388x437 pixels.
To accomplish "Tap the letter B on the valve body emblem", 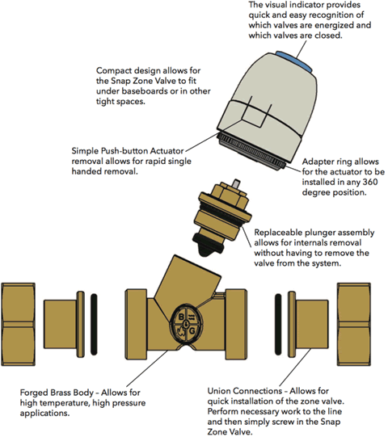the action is [181, 317].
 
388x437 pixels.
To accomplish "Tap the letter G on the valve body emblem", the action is [192, 331].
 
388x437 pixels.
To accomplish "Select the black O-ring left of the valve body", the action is [94, 324].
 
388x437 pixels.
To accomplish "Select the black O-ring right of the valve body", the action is [278, 324].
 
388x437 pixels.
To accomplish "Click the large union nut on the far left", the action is [19, 324].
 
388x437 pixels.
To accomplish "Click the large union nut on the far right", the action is [354, 324].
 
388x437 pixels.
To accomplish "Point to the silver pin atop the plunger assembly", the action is [237, 183].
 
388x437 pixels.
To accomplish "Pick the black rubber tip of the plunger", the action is [208, 245].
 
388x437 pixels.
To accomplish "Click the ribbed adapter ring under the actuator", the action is [251, 153].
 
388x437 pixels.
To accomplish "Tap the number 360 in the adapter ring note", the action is [370, 182].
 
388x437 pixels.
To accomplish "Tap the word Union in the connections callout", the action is [219, 391].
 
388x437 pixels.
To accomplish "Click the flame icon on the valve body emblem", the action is [181, 332].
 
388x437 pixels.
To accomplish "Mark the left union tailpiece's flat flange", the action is [80, 324].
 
